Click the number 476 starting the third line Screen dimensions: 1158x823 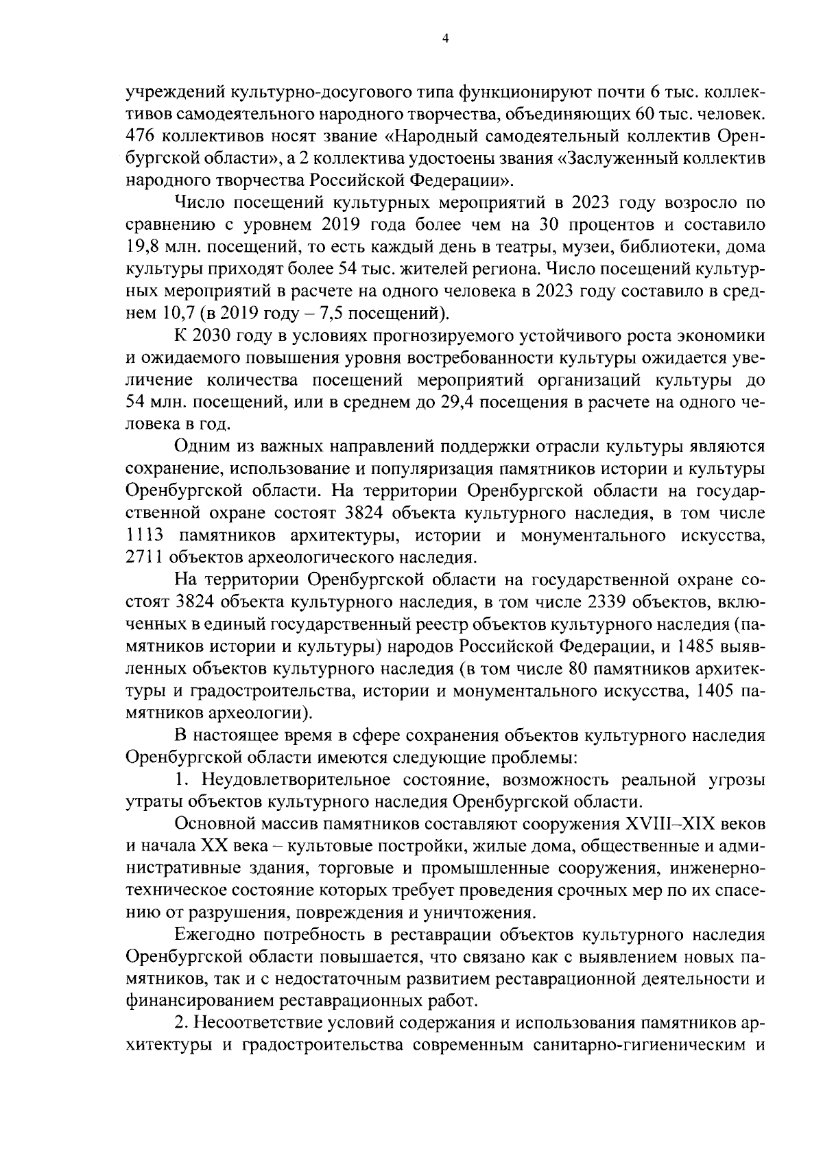142,136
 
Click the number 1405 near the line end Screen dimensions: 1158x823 713,692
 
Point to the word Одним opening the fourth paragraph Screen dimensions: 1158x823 198,447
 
